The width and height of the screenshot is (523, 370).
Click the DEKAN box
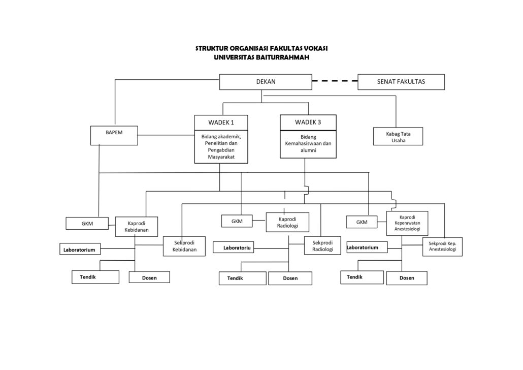(266, 82)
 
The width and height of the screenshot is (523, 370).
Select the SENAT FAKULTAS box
(401, 82)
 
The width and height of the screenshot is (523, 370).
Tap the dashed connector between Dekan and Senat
(335, 81)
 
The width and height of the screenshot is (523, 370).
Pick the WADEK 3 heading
(308, 122)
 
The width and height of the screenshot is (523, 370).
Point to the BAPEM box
(114, 135)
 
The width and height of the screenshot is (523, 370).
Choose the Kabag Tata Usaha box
(398, 136)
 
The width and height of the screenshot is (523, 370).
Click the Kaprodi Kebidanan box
(136, 227)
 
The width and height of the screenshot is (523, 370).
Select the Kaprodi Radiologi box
(287, 222)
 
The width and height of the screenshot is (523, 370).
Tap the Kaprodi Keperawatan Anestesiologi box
(407, 223)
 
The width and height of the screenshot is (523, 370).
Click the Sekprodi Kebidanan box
(183, 246)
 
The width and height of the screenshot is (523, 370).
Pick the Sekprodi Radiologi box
(322, 246)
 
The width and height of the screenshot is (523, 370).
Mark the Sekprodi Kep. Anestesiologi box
(442, 246)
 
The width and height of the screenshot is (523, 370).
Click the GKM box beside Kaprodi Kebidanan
(87, 223)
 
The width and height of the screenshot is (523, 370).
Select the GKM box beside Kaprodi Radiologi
(237, 221)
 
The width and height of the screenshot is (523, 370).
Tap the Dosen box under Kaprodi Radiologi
(290, 278)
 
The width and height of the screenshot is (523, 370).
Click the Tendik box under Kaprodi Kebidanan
(95, 277)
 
